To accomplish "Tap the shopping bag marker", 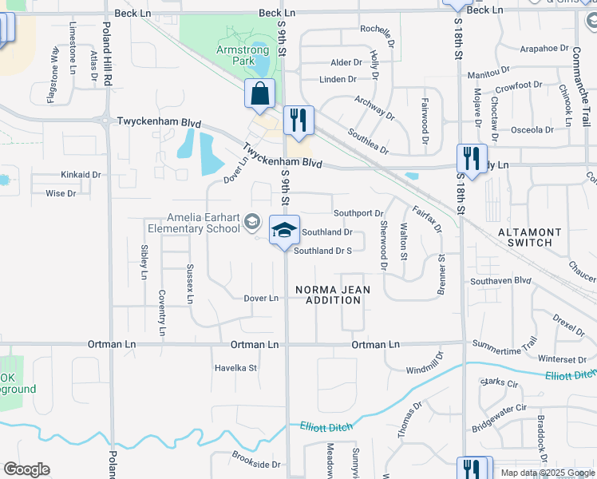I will tap(260, 93).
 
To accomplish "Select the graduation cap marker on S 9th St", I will tap(284, 231).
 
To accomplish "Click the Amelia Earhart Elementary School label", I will tap(203, 223).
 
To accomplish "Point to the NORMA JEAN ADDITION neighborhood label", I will tap(327, 295).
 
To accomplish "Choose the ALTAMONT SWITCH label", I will tap(524, 236).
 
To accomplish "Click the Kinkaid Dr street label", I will tap(81, 174).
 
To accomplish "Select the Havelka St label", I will tap(235, 368).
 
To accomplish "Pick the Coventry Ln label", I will tap(162, 312).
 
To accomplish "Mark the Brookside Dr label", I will tap(257, 464).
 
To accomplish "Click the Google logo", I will tap(26, 469).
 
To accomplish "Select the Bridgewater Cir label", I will tap(500, 418).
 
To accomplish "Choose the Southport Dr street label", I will tap(358, 213).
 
